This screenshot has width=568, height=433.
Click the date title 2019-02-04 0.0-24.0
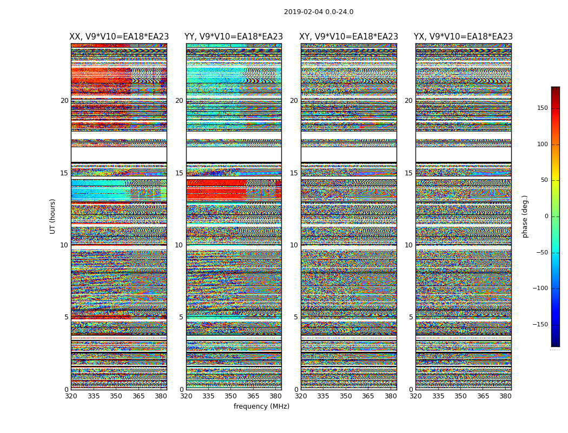[x=319, y=12]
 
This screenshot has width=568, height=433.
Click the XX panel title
[x=119, y=37]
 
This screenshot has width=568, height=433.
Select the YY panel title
[x=234, y=37]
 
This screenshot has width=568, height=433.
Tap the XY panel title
[x=349, y=37]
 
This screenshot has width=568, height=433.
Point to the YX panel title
[x=463, y=37]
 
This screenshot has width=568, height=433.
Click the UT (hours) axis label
[x=53, y=216]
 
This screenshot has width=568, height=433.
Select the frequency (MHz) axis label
[x=261, y=406]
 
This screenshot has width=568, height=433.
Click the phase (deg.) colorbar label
[x=525, y=216]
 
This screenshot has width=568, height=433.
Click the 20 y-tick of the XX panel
[x=64, y=101]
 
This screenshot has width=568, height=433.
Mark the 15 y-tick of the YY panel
[x=179, y=173]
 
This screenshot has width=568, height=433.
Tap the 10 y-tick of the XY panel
[x=294, y=245]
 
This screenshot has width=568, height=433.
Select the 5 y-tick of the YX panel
[x=411, y=317]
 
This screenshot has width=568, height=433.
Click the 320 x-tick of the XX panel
[x=71, y=396]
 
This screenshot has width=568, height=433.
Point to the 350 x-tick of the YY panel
[x=230, y=396]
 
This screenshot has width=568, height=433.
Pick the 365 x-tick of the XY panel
[x=368, y=396]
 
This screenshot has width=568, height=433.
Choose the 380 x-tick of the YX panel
[x=505, y=396]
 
